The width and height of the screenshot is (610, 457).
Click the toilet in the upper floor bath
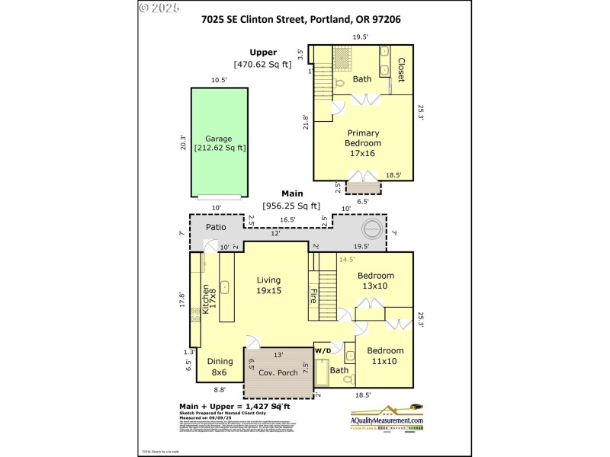click(339, 81)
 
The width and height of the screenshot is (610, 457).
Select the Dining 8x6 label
click(220, 366)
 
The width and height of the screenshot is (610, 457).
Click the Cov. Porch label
click(278, 372)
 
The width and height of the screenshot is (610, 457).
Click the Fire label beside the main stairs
click(313, 295)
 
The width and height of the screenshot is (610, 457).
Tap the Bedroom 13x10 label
click(376, 280)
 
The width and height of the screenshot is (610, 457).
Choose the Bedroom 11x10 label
click(385, 356)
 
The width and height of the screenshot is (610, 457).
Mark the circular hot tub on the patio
click(371, 228)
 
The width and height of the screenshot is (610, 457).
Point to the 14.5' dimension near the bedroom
click(347, 260)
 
